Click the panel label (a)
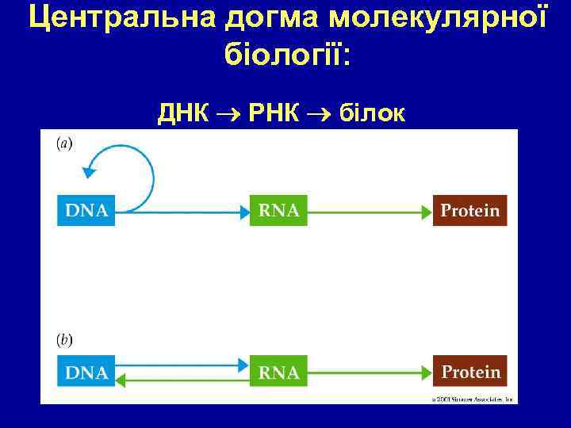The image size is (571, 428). point(63,143)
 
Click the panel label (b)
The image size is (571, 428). point(63,340)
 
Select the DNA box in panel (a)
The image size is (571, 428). point(86,210)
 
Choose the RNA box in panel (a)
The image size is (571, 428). point(278,210)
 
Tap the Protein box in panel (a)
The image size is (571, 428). point(469,210)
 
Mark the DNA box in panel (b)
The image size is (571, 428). point(86,372)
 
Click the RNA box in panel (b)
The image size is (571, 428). point(278,372)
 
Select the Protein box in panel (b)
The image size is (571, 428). point(469,372)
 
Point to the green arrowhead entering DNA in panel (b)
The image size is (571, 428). point(121,380)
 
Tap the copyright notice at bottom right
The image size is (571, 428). point(473,399)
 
